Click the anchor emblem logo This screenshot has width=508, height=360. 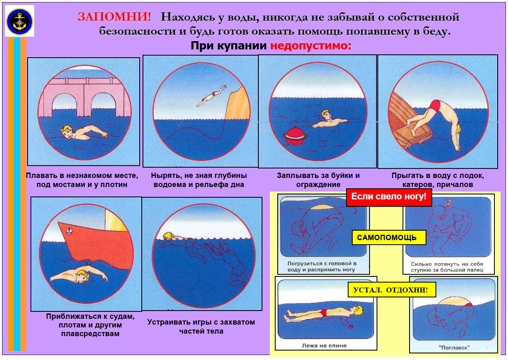pyautogui.click(x=19, y=21)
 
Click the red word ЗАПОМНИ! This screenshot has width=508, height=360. pyautogui.click(x=114, y=17)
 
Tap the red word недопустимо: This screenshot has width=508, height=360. pyautogui.click(x=311, y=46)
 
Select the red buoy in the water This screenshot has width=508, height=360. pyautogui.click(x=295, y=136)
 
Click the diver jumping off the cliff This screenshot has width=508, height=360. pyautogui.click(x=211, y=96)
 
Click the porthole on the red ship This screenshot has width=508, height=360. pyautogui.click(x=69, y=231)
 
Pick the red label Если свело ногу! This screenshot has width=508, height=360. pyautogui.click(x=389, y=196)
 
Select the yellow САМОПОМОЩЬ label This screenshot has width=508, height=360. pyautogui.click(x=389, y=238)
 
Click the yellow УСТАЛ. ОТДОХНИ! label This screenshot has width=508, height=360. pyautogui.click(x=392, y=290)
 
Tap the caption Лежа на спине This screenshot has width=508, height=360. pyautogui.click(x=324, y=346)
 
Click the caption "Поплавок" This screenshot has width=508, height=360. pyautogui.click(x=454, y=348)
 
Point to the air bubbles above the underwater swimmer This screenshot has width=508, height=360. pyautogui.click(x=448, y=203)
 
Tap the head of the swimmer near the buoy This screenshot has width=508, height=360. pyautogui.click(x=326, y=115)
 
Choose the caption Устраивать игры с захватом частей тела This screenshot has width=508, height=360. pyautogui.click(x=201, y=327)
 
